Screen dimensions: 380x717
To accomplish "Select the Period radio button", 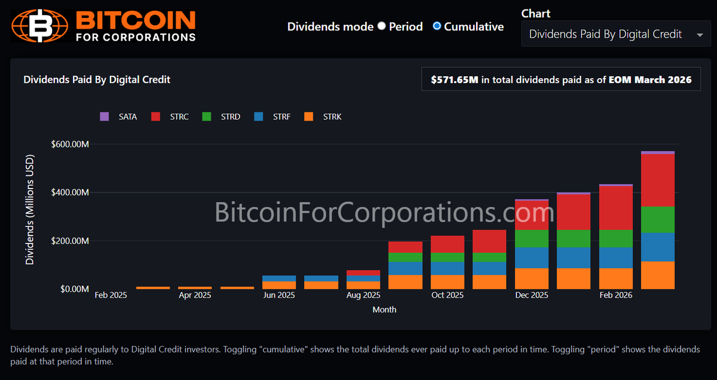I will tap(382, 26).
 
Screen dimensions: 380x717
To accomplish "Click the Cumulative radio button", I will tap(437, 26).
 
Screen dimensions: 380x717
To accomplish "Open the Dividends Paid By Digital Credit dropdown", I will tap(615, 35).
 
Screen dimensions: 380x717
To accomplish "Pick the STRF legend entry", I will tap(272, 117).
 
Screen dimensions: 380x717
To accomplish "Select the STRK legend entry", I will tap(323, 117).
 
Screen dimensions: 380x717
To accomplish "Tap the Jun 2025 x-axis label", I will tap(279, 295).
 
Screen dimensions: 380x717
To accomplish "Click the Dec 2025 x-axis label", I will tap(531, 295).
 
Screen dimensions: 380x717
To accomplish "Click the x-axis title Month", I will tap(384, 310).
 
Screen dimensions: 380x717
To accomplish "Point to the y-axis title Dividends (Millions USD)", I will tap(30, 209).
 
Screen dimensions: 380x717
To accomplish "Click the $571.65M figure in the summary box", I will tap(455, 79).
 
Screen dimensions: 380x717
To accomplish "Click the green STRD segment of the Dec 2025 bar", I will tap(531, 239).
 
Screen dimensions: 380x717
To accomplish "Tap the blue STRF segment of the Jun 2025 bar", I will tap(279, 278).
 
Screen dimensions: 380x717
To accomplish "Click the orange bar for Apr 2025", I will tap(195, 288).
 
